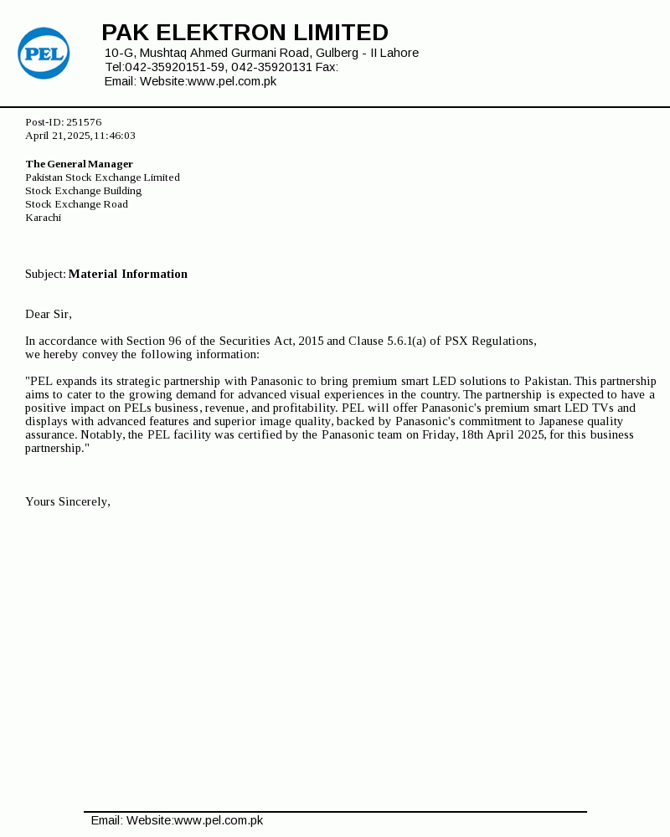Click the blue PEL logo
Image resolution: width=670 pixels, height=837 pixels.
coord(44,54)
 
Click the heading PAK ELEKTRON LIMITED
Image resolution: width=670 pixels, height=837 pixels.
coord(245,33)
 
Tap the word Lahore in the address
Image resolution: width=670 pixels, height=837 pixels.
coord(399,54)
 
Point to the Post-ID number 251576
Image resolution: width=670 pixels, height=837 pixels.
coord(84,122)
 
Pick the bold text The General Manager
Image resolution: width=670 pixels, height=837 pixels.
coord(80,164)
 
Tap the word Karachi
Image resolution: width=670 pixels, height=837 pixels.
coord(44,218)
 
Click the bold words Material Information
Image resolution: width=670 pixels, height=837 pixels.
coord(128,274)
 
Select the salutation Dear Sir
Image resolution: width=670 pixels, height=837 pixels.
coord(48,314)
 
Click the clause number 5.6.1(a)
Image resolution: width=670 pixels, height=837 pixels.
coord(406,341)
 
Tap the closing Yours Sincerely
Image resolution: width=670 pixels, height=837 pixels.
coord(68,501)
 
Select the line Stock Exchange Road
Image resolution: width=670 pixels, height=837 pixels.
coord(76,204)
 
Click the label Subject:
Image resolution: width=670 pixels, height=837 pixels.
coord(45,274)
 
